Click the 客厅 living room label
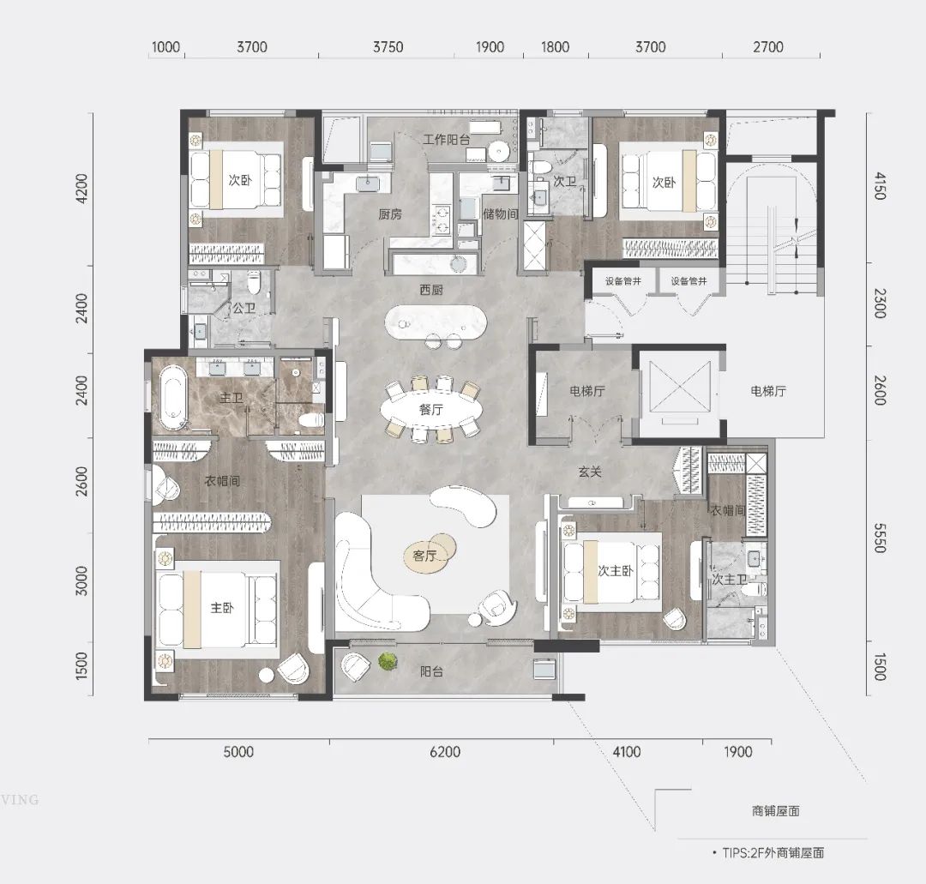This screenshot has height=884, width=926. (424, 556)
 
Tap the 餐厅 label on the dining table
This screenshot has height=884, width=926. (431, 409)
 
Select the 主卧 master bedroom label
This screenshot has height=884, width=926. (222, 608)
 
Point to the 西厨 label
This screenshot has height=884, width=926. (431, 290)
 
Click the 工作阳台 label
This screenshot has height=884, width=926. (447, 140)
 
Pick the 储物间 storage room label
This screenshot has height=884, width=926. (500, 213)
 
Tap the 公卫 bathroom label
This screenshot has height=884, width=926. (244, 308)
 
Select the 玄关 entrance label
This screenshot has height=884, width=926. (590, 472)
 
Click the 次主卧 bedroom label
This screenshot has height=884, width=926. (616, 570)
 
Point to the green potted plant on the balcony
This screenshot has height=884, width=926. (387, 661)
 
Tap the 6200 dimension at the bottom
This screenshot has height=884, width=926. (445, 752)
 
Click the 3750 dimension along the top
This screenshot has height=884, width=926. (388, 46)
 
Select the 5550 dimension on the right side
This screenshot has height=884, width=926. (880, 538)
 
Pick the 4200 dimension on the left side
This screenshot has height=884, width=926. (82, 189)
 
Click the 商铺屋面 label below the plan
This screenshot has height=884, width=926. (776, 811)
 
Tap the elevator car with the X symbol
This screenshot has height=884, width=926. (680, 391)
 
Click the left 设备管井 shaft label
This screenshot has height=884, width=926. (623, 281)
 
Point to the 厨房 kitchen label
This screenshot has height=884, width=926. (390, 214)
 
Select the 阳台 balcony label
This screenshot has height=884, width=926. (431, 671)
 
